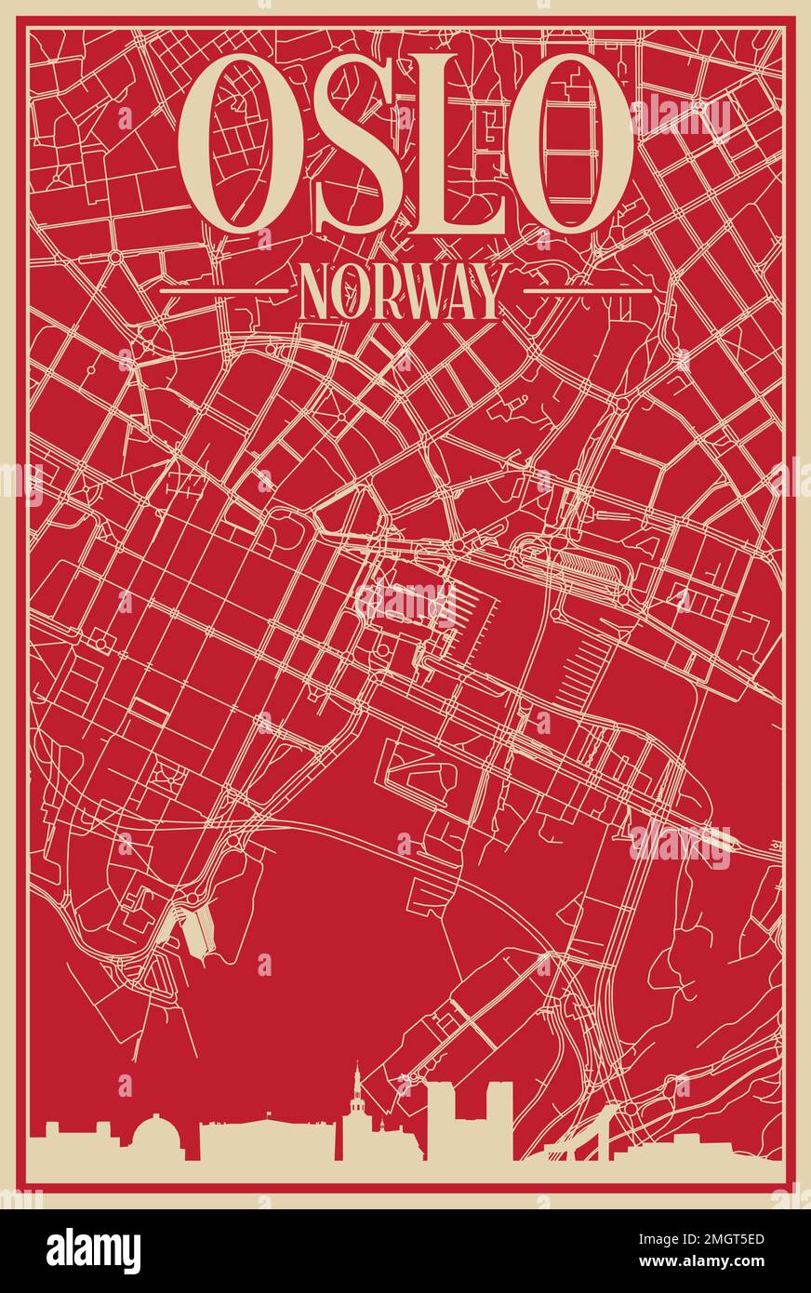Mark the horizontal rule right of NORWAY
coord(587,291)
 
